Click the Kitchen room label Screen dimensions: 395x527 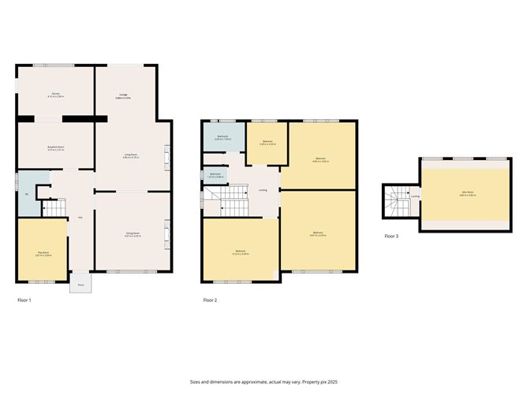(x=56, y=94)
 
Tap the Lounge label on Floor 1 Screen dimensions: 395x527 (x=102, y=95)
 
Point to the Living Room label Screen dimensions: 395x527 (x=131, y=155)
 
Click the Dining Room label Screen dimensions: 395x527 (x=132, y=233)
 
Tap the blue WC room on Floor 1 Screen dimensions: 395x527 (x=27, y=194)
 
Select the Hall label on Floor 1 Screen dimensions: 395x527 (x=80, y=218)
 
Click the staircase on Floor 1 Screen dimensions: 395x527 (x=50, y=208)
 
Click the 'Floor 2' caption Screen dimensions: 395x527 (x=210, y=300)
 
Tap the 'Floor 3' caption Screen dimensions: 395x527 (x=392, y=236)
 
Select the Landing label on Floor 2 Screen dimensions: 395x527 (x=262, y=190)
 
